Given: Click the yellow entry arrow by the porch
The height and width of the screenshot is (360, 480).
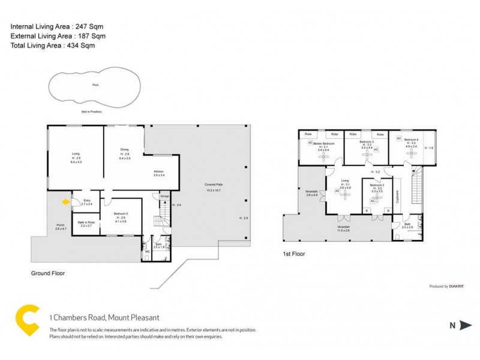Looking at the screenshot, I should click(66, 202).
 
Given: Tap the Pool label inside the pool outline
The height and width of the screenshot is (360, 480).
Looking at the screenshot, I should click(95, 85).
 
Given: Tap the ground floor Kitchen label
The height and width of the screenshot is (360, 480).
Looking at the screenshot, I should click(158, 172).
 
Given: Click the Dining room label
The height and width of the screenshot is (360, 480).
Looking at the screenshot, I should click(125, 150).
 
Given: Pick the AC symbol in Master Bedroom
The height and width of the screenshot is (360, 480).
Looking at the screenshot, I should click(311, 143).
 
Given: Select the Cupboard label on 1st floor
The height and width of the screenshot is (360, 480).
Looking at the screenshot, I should click(398, 197).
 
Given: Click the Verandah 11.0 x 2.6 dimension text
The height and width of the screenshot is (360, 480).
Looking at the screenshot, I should click(343, 230).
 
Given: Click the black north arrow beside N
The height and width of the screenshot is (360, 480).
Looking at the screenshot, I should click(466, 326).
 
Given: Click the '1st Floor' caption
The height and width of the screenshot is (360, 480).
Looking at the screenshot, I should click(293, 254).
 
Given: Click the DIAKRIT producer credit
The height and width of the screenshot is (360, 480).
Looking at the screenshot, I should click(446, 287).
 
